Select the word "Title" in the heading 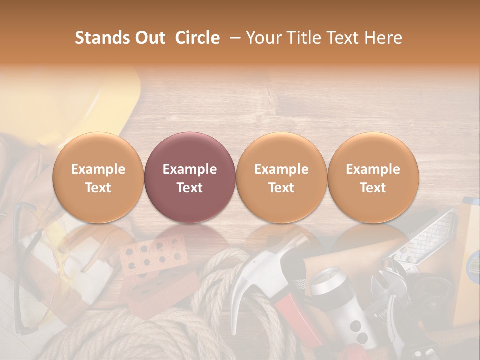click(x=305, y=38)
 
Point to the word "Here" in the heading click(x=384, y=38)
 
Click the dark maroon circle click(x=189, y=177)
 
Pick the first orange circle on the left click(x=98, y=177)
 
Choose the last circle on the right click(x=373, y=177)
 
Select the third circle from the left click(x=281, y=177)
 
